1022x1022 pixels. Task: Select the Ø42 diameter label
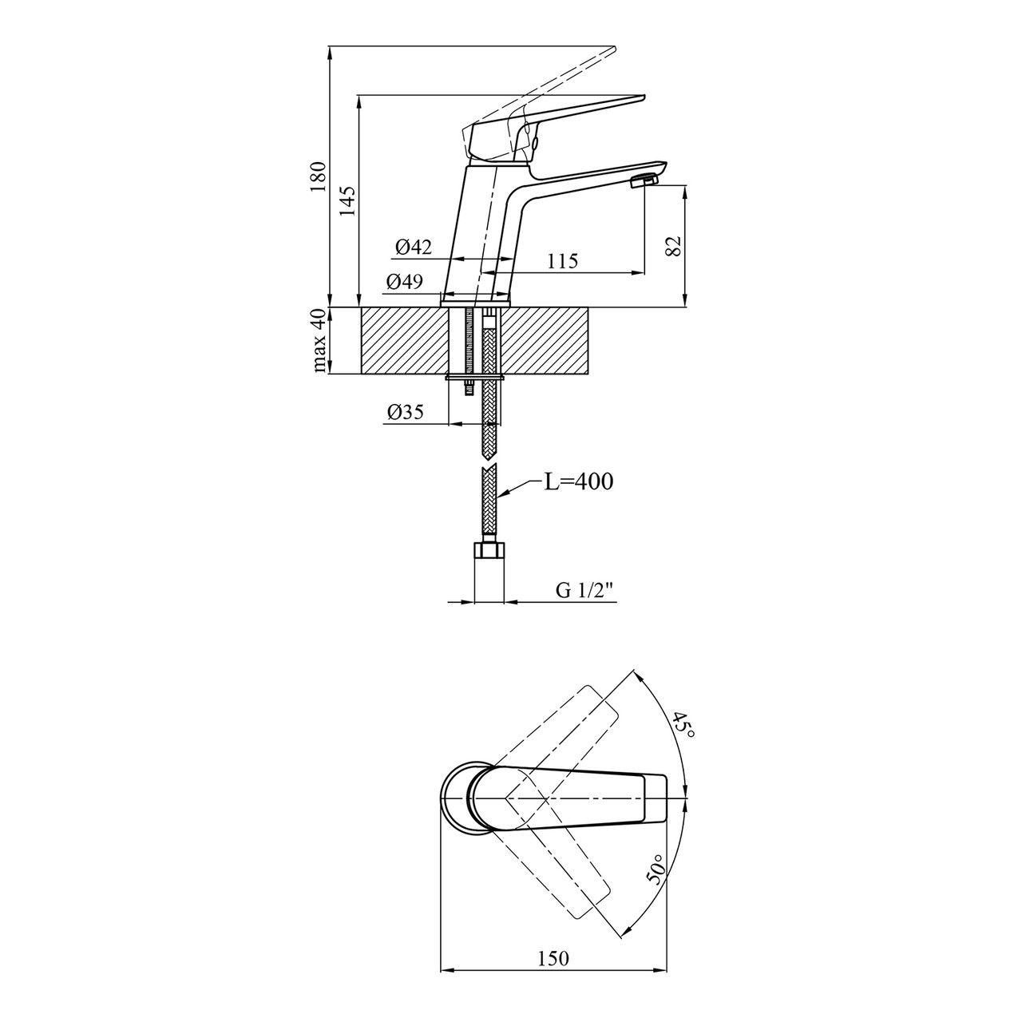(x=414, y=248)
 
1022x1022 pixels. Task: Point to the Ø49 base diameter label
(x=405, y=282)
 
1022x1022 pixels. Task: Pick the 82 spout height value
(x=672, y=246)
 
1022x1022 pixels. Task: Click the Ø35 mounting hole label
(x=405, y=412)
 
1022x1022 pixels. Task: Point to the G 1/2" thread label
(x=588, y=590)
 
